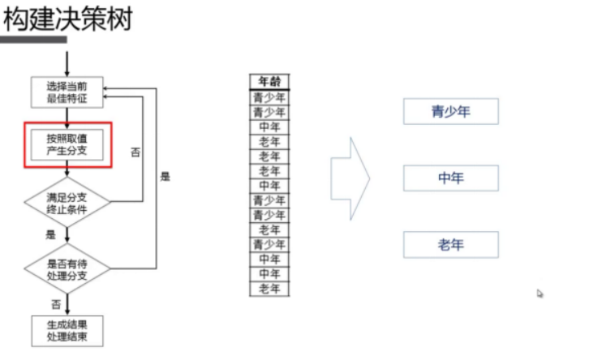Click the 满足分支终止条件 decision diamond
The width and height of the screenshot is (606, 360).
pyautogui.click(x=67, y=204)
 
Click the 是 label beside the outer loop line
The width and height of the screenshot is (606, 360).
pyautogui.click(x=165, y=176)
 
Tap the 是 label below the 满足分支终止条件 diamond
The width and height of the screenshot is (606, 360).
pyautogui.click(x=50, y=235)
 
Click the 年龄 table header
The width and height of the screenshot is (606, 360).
pyautogui.click(x=269, y=81)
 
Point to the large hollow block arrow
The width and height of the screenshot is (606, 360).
pyautogui.click(x=350, y=178)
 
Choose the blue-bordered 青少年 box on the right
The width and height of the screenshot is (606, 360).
pyautogui.click(x=450, y=112)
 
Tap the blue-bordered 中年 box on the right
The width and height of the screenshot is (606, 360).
pyautogui.click(x=450, y=178)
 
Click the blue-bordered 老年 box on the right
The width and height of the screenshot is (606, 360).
pyautogui.click(x=450, y=245)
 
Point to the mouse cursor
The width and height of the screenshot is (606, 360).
pyautogui.click(x=539, y=294)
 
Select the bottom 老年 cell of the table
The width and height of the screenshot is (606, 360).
pyautogui.click(x=269, y=289)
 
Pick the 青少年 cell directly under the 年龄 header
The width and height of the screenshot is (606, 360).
pyautogui.click(x=269, y=97)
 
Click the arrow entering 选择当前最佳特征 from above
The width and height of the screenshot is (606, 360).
pyautogui.click(x=67, y=64)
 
